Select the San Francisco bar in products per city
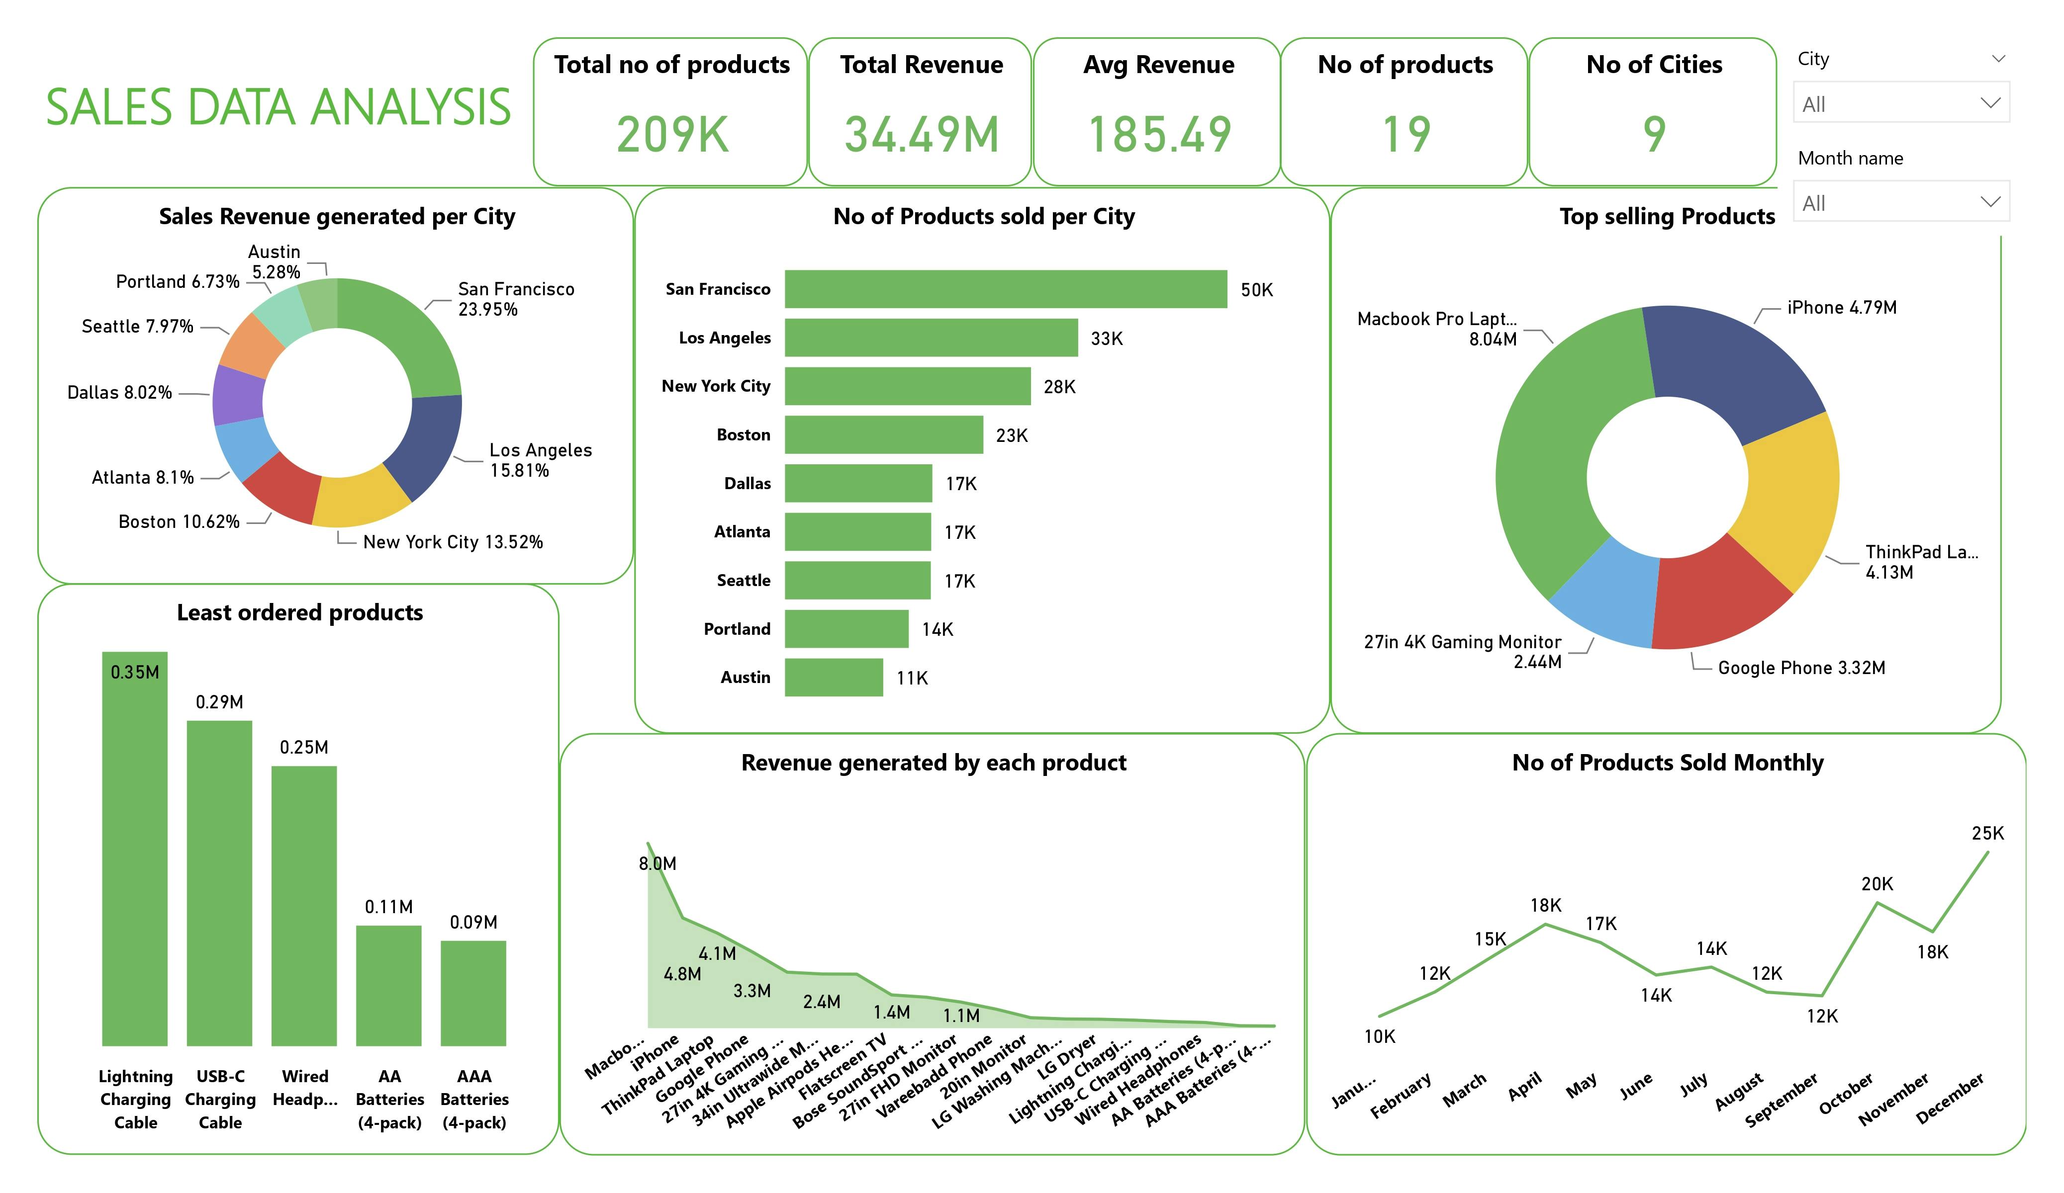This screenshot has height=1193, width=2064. click(1005, 289)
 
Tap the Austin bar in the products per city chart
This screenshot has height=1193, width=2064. click(833, 677)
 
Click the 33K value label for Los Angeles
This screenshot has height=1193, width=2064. click(1106, 338)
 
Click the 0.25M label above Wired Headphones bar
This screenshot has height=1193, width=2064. click(304, 747)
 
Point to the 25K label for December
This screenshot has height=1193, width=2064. click(1987, 833)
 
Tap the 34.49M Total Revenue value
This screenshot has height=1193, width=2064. click(922, 135)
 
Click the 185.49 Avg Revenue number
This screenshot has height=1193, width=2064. click(1159, 135)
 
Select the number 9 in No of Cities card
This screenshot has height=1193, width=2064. click(1654, 135)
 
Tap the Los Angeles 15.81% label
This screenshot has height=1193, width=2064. click(540, 459)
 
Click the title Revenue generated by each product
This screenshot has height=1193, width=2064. click(933, 763)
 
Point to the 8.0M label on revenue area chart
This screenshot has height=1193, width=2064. click(657, 863)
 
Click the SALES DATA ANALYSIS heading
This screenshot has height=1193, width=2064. click(279, 107)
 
